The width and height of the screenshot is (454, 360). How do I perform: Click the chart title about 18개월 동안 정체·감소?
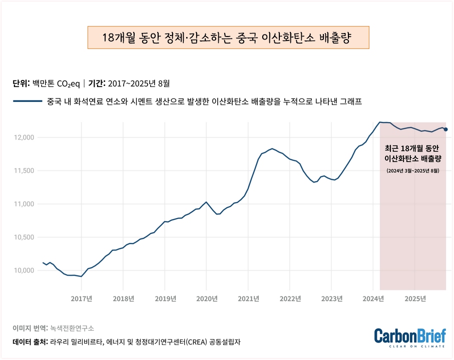228,38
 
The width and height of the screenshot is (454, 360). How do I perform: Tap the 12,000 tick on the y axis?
23,137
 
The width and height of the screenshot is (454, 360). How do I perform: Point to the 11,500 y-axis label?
23,170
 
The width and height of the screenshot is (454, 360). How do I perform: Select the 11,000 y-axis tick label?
23,204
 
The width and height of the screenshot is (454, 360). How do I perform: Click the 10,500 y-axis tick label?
23,237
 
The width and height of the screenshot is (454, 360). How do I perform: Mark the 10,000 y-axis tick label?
23,270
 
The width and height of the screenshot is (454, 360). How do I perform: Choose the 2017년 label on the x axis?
81,299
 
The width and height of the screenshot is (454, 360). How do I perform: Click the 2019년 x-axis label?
165,299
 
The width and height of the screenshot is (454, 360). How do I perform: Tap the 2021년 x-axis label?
248,299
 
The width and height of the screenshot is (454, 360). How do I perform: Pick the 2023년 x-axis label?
332,299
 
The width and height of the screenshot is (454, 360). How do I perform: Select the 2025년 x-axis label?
415,299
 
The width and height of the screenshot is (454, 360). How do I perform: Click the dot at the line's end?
446,129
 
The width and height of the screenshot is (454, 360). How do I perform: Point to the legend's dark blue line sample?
28,101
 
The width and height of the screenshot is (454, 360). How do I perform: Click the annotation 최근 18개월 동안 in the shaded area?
412,148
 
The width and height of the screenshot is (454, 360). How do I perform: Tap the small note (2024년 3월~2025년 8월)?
413,170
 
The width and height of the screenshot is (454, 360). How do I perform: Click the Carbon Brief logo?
409,336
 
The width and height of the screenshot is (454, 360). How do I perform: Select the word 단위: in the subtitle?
22,83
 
